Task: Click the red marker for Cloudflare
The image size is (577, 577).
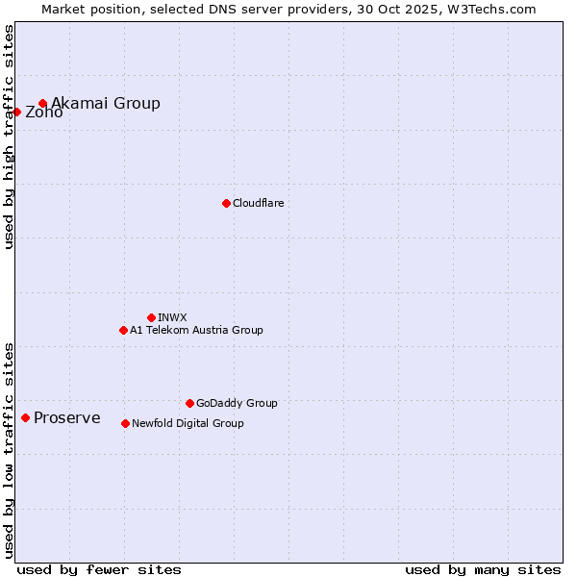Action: click(x=226, y=203)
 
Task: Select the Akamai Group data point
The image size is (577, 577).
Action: click(x=42, y=103)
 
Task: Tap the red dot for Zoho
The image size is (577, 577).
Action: click(x=16, y=112)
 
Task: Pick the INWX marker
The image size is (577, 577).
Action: click(x=151, y=317)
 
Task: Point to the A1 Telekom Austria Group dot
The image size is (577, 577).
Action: click(x=123, y=330)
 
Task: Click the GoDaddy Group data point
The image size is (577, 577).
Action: click(x=189, y=403)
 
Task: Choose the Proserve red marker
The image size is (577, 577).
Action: click(x=25, y=417)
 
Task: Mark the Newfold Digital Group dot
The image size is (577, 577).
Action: click(x=125, y=423)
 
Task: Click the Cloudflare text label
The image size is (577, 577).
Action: click(x=258, y=203)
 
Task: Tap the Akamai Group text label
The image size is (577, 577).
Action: click(x=106, y=103)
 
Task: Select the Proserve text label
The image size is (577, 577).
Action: click(x=66, y=417)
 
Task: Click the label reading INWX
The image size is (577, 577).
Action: click(x=172, y=317)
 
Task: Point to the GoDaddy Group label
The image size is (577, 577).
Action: click(x=237, y=403)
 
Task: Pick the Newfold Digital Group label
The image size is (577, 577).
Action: click(x=188, y=423)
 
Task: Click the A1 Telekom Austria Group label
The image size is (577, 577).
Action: click(x=196, y=330)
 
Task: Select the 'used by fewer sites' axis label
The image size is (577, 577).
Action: click(x=99, y=569)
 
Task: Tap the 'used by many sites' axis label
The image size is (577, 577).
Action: click(x=483, y=569)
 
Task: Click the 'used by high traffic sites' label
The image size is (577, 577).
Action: click(x=9, y=137)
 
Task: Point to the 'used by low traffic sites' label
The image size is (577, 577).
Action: click(x=9, y=449)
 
